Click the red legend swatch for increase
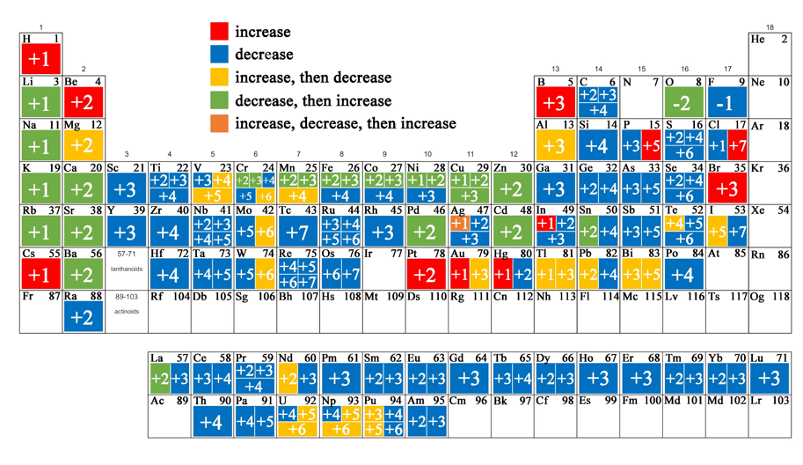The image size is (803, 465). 219,32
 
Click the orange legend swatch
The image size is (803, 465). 219,123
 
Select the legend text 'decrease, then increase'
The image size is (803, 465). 313,100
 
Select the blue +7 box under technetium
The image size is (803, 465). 298,232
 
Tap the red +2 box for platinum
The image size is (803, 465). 425,275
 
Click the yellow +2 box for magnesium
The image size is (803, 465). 82,146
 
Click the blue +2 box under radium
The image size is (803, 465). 82,318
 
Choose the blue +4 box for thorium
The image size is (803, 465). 211,422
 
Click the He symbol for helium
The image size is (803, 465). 757,40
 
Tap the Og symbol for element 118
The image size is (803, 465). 756,298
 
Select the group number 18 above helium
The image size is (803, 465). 770,27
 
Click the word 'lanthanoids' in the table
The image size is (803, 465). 126,269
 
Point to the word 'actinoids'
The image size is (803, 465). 126,312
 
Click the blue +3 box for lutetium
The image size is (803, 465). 770,379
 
